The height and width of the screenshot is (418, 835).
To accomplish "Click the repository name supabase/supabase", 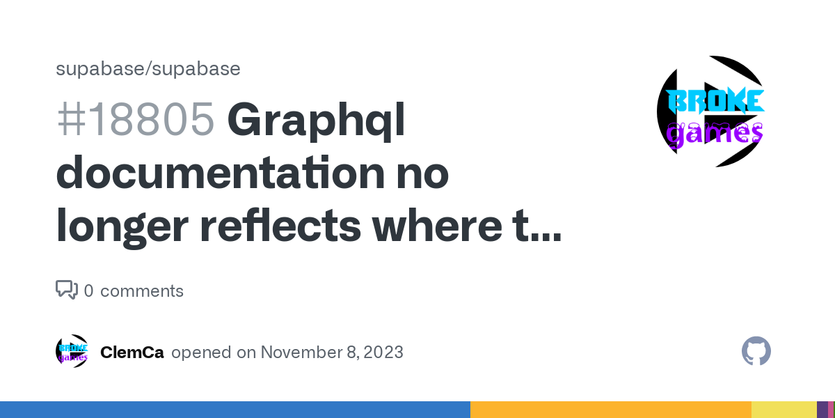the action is point(148,69).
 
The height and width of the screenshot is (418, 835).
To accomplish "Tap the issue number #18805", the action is point(136,119).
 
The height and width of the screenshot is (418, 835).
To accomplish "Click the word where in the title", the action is point(437,226).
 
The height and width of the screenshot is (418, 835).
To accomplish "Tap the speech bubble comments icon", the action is point(67,290).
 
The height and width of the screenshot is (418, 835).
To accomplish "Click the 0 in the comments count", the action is point(89,291).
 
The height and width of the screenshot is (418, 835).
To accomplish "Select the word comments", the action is point(142,291).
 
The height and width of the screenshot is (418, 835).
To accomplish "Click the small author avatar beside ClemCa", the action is point(72,351).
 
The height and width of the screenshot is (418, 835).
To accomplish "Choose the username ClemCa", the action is point(132,353).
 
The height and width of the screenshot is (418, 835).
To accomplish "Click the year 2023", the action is point(383,353).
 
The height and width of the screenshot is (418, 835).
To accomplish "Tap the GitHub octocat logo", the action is point(756,351).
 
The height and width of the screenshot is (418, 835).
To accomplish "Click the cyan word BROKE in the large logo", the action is point(715,101).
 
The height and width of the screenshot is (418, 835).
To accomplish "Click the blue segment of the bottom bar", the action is point(235,410).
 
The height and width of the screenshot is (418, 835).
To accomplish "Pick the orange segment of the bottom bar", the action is point(611,410).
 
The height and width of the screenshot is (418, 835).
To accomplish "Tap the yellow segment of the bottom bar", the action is point(784,410).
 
